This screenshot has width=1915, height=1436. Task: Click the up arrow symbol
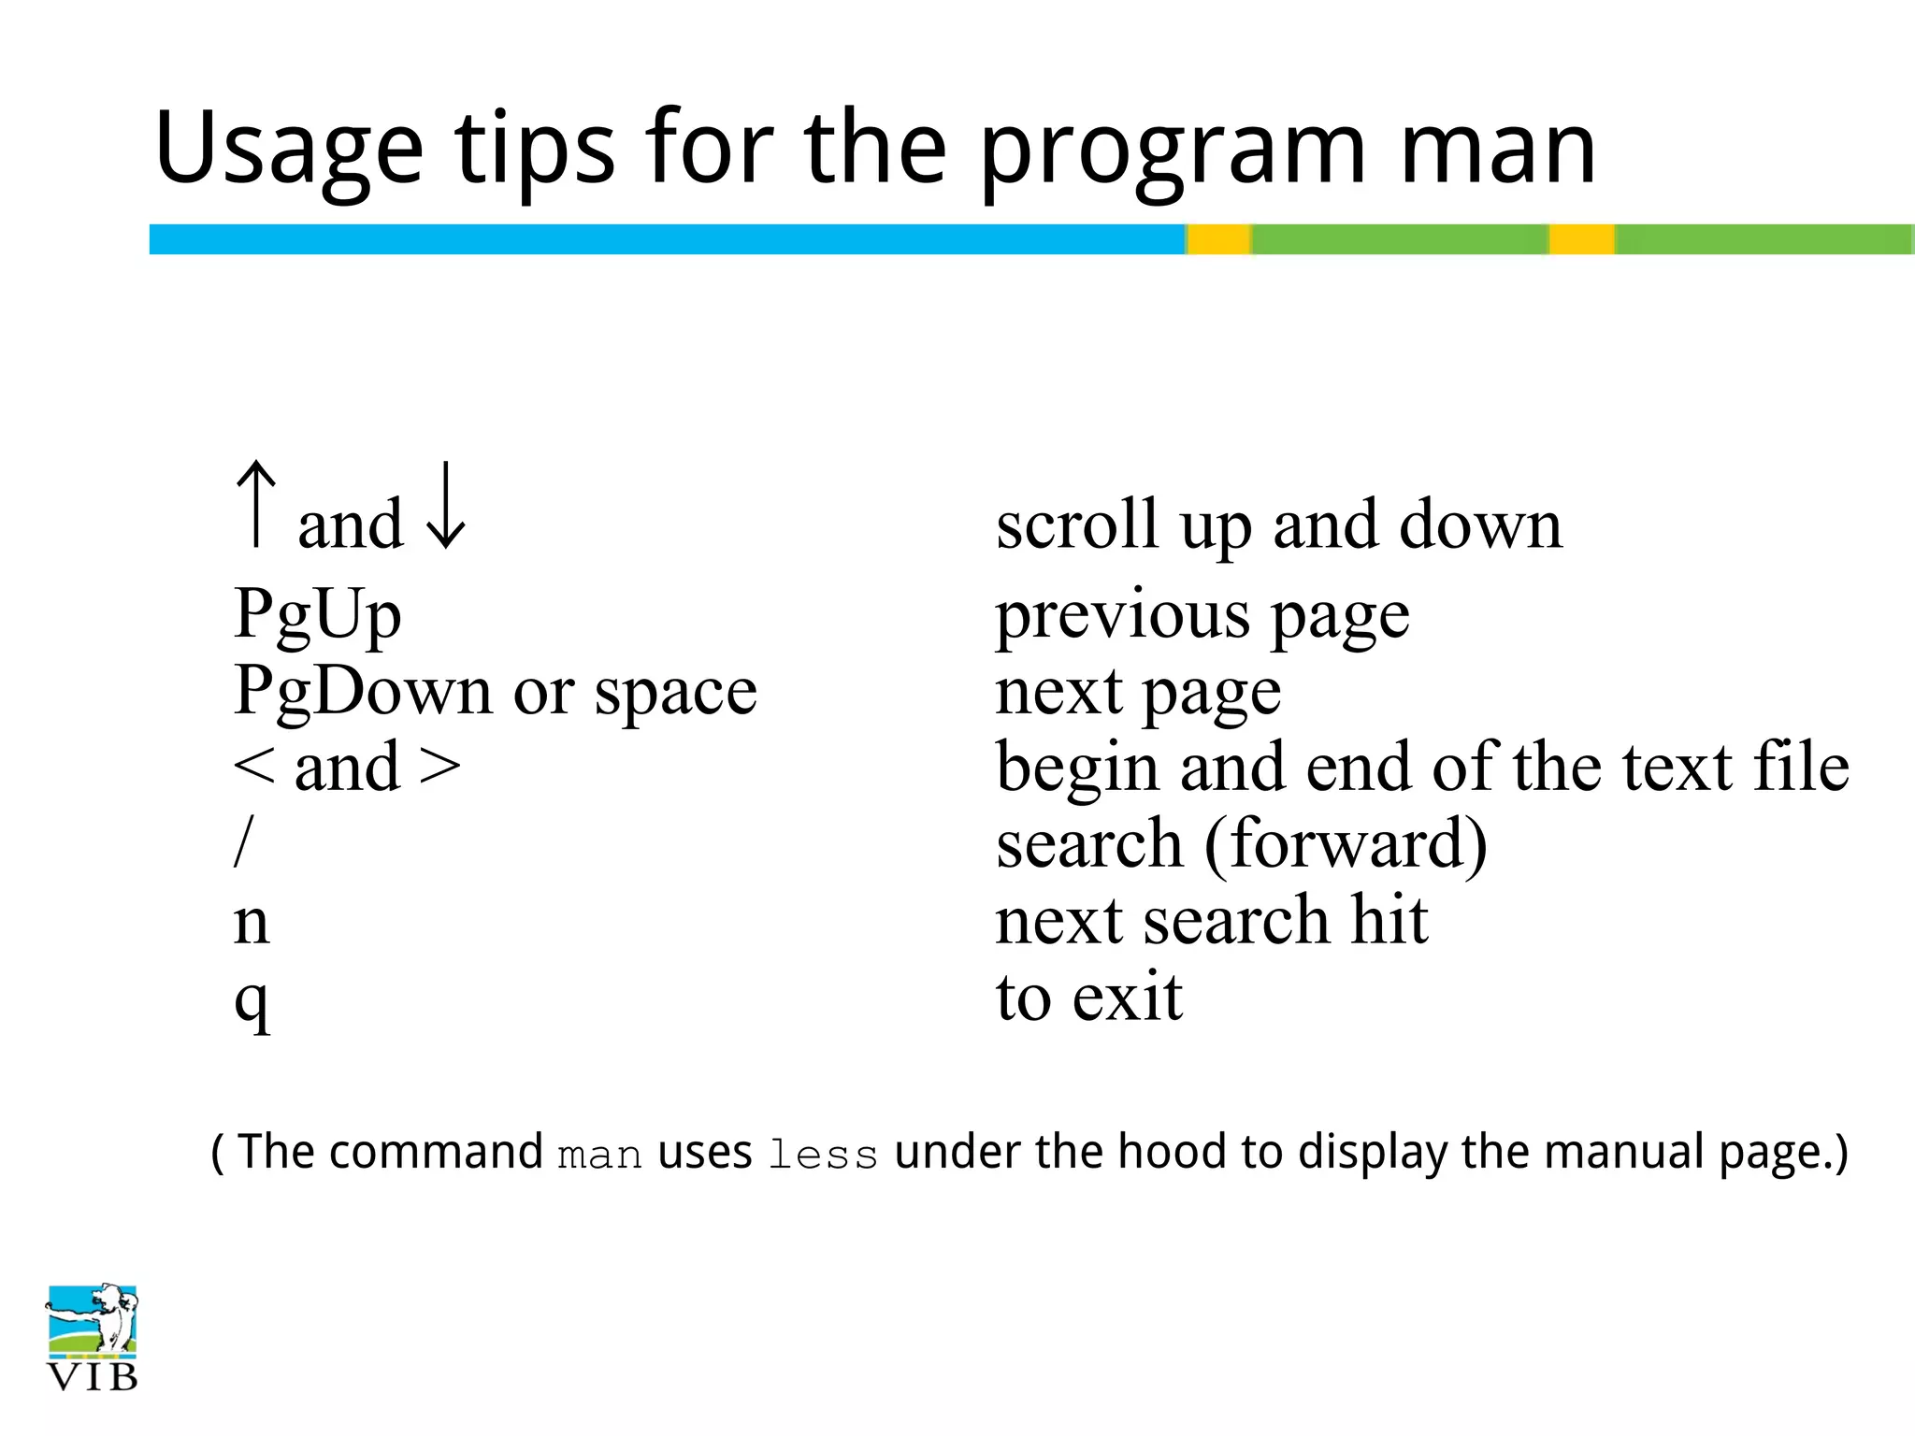[x=256, y=504]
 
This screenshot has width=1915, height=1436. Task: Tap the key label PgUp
[x=318, y=614]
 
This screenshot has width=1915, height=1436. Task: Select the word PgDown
[x=363, y=692]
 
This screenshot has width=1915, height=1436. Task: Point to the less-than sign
[x=253, y=767]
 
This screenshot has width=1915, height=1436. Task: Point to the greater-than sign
[x=439, y=767]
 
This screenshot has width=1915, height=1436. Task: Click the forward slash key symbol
[x=243, y=841]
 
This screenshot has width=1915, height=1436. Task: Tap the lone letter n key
[x=252, y=923]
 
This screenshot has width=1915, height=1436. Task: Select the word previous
[x=1122, y=617]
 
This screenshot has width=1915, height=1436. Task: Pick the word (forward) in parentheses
[x=1345, y=844]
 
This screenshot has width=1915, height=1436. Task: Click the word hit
[x=1389, y=920]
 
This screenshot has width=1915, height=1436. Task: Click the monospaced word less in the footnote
[x=823, y=1156]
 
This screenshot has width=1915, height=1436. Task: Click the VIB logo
[x=92, y=1337]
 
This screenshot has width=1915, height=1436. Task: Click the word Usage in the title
[x=289, y=150]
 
